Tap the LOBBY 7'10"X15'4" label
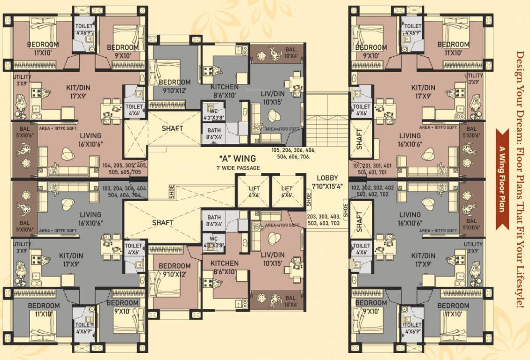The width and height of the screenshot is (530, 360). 327,182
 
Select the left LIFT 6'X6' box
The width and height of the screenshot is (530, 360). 253,191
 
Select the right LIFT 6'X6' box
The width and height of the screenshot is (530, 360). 287,191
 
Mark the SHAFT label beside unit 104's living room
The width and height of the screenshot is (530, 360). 172,128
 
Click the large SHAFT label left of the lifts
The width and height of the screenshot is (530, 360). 163,223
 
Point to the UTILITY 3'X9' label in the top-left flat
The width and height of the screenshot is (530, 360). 23,79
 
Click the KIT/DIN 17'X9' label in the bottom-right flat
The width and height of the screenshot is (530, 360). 423,259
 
